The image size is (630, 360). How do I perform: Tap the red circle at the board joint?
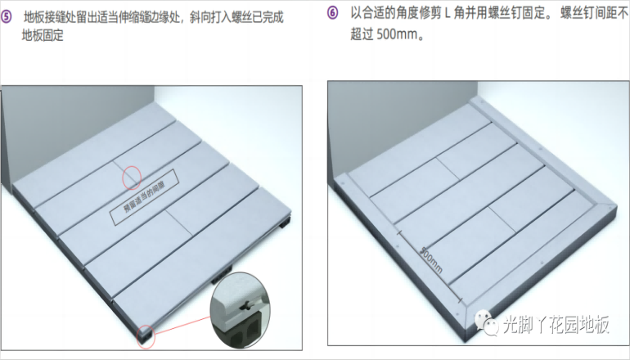(131, 176)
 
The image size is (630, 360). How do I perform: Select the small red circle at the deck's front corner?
(145, 334)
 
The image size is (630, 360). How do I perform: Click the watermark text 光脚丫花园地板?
(556, 326)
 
